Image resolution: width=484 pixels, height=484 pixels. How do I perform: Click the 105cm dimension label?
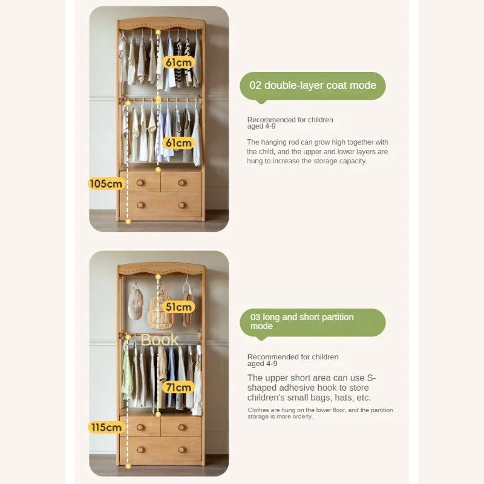pos(106,183)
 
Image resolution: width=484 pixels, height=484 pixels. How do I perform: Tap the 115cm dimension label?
pos(106,427)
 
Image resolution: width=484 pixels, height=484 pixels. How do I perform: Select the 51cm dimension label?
pos(178,307)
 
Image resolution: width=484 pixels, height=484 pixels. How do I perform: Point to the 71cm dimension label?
pos(178,387)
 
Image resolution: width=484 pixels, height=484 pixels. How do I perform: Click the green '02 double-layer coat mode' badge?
pos(313,85)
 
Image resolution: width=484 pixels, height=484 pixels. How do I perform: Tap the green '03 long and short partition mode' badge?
pos(313,322)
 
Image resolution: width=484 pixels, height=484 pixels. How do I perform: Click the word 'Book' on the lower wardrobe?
pos(160,340)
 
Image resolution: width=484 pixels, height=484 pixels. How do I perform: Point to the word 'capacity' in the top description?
pos(350,161)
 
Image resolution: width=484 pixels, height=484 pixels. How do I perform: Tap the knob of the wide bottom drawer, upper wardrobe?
pos(140,205)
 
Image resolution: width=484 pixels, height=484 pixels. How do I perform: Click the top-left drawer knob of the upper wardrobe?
pos(140,182)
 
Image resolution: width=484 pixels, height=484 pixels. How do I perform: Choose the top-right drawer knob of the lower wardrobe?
pos(181,427)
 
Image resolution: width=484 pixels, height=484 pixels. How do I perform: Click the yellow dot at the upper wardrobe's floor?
pos(128,221)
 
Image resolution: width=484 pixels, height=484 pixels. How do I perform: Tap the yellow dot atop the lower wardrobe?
pos(158,277)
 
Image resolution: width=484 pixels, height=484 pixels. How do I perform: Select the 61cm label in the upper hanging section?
pos(178,62)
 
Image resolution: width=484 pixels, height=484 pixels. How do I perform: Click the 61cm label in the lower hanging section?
pos(178,143)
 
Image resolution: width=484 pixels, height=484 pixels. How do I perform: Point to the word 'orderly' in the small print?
pos(301,417)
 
